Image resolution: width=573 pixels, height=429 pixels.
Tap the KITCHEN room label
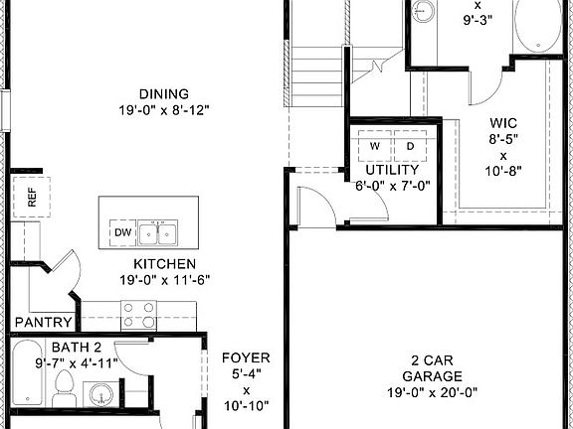(165, 264)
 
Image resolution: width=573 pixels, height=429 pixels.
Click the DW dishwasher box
(121, 232)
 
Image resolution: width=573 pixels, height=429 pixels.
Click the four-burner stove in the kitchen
(139, 316)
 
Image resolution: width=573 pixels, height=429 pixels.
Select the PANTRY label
(43, 322)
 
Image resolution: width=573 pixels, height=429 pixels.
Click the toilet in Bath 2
(66, 389)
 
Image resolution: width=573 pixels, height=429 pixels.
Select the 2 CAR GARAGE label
(432, 367)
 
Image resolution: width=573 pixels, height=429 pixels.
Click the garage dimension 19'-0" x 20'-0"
(432, 392)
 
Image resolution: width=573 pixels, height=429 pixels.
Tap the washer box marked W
(375, 146)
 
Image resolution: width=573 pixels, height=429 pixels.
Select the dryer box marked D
(409, 146)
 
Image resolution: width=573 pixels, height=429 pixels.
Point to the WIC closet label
(503, 123)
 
